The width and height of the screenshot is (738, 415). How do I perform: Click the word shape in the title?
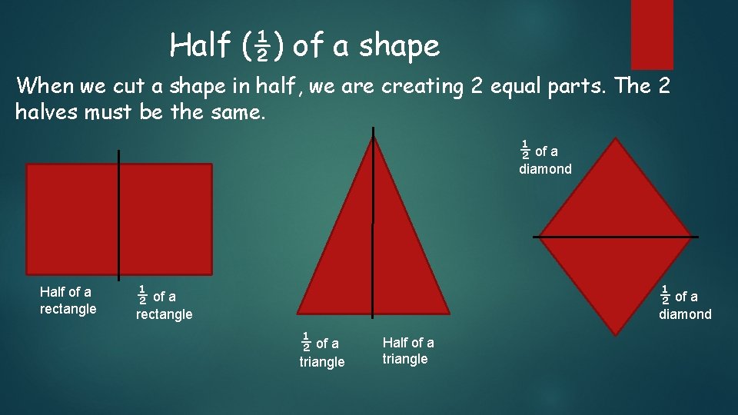(x=399, y=47)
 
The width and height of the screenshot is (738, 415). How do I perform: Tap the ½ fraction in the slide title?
(x=261, y=47)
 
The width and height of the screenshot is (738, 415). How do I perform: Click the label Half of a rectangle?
(x=68, y=300)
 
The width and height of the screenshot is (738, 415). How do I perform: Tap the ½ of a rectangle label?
(x=163, y=304)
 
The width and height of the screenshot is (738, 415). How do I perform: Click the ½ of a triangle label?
(x=321, y=351)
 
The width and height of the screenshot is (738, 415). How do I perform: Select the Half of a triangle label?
(x=408, y=350)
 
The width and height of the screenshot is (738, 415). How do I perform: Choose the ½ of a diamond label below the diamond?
(x=684, y=304)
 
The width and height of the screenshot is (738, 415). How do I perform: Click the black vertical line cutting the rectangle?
(x=119, y=215)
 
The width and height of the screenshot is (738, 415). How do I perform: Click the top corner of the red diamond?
(x=616, y=140)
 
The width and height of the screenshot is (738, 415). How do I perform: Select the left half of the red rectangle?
(x=72, y=219)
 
